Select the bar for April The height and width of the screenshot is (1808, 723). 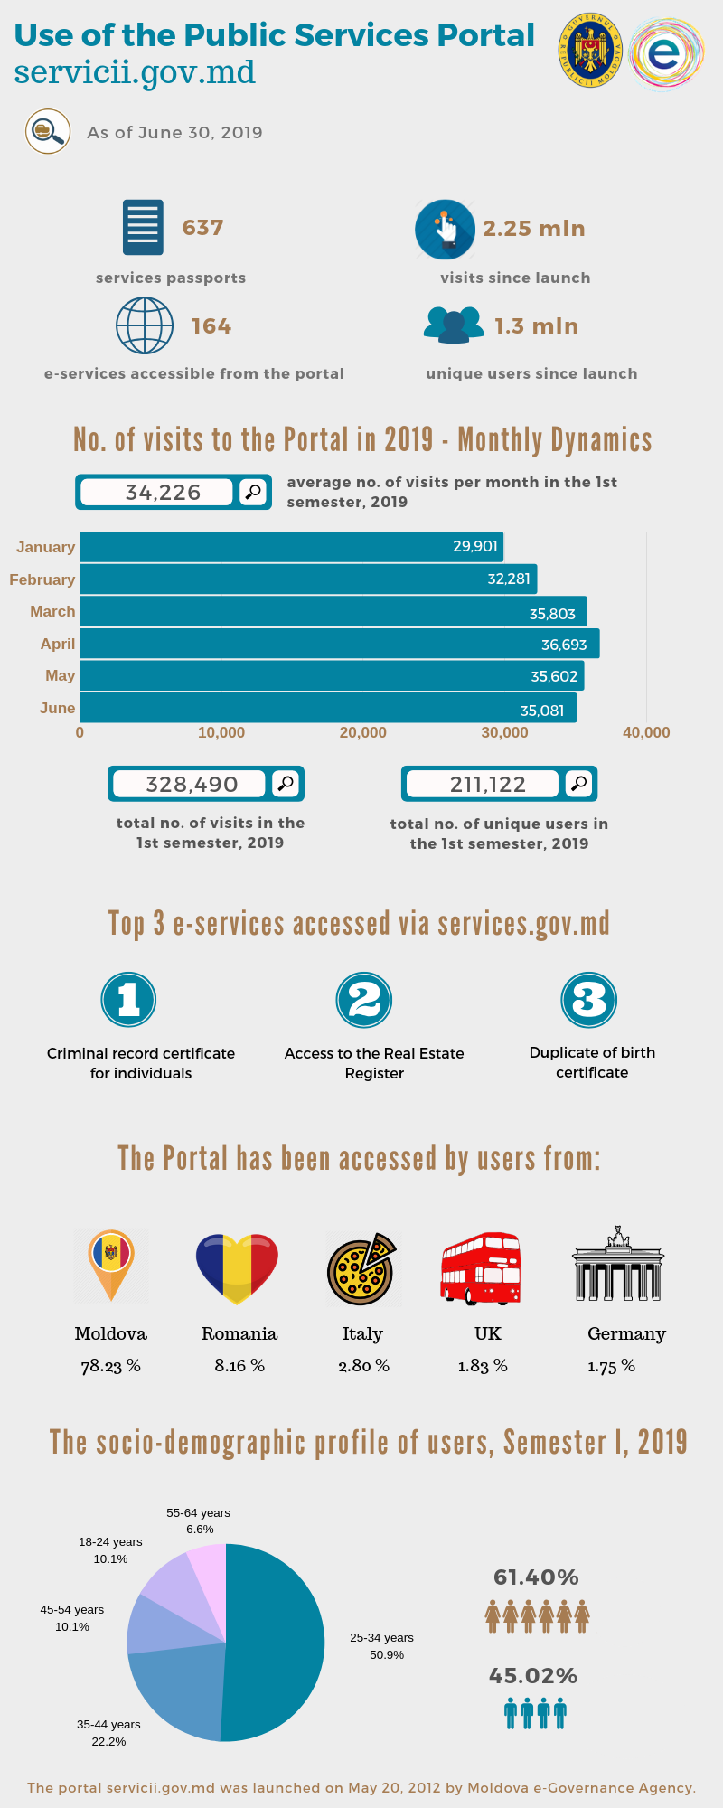[x=339, y=644]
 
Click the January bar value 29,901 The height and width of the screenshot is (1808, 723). [x=474, y=546]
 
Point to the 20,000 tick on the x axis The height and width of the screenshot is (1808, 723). [x=362, y=732]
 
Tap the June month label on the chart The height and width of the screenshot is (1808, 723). [x=57, y=708]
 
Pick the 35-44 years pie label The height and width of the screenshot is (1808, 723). [x=108, y=1733]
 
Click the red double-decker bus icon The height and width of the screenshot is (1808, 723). [x=481, y=1268]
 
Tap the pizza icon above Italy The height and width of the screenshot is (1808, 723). [x=361, y=1269]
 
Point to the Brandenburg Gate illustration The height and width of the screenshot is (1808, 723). [x=618, y=1266]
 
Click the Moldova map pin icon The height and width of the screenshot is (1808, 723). [x=111, y=1265]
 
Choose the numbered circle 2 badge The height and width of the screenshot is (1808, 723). [x=364, y=1000]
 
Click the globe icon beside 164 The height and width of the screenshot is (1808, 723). [x=145, y=325]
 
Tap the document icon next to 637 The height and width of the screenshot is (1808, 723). [x=143, y=227]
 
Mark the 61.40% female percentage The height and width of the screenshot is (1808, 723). [x=536, y=1577]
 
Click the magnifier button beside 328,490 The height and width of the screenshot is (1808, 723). [x=286, y=784]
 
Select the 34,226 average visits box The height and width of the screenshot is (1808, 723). [x=163, y=492]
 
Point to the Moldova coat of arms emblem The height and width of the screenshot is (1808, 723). [x=591, y=51]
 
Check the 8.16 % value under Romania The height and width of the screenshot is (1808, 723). [x=239, y=1365]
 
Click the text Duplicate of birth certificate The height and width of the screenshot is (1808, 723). [x=592, y=1062]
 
